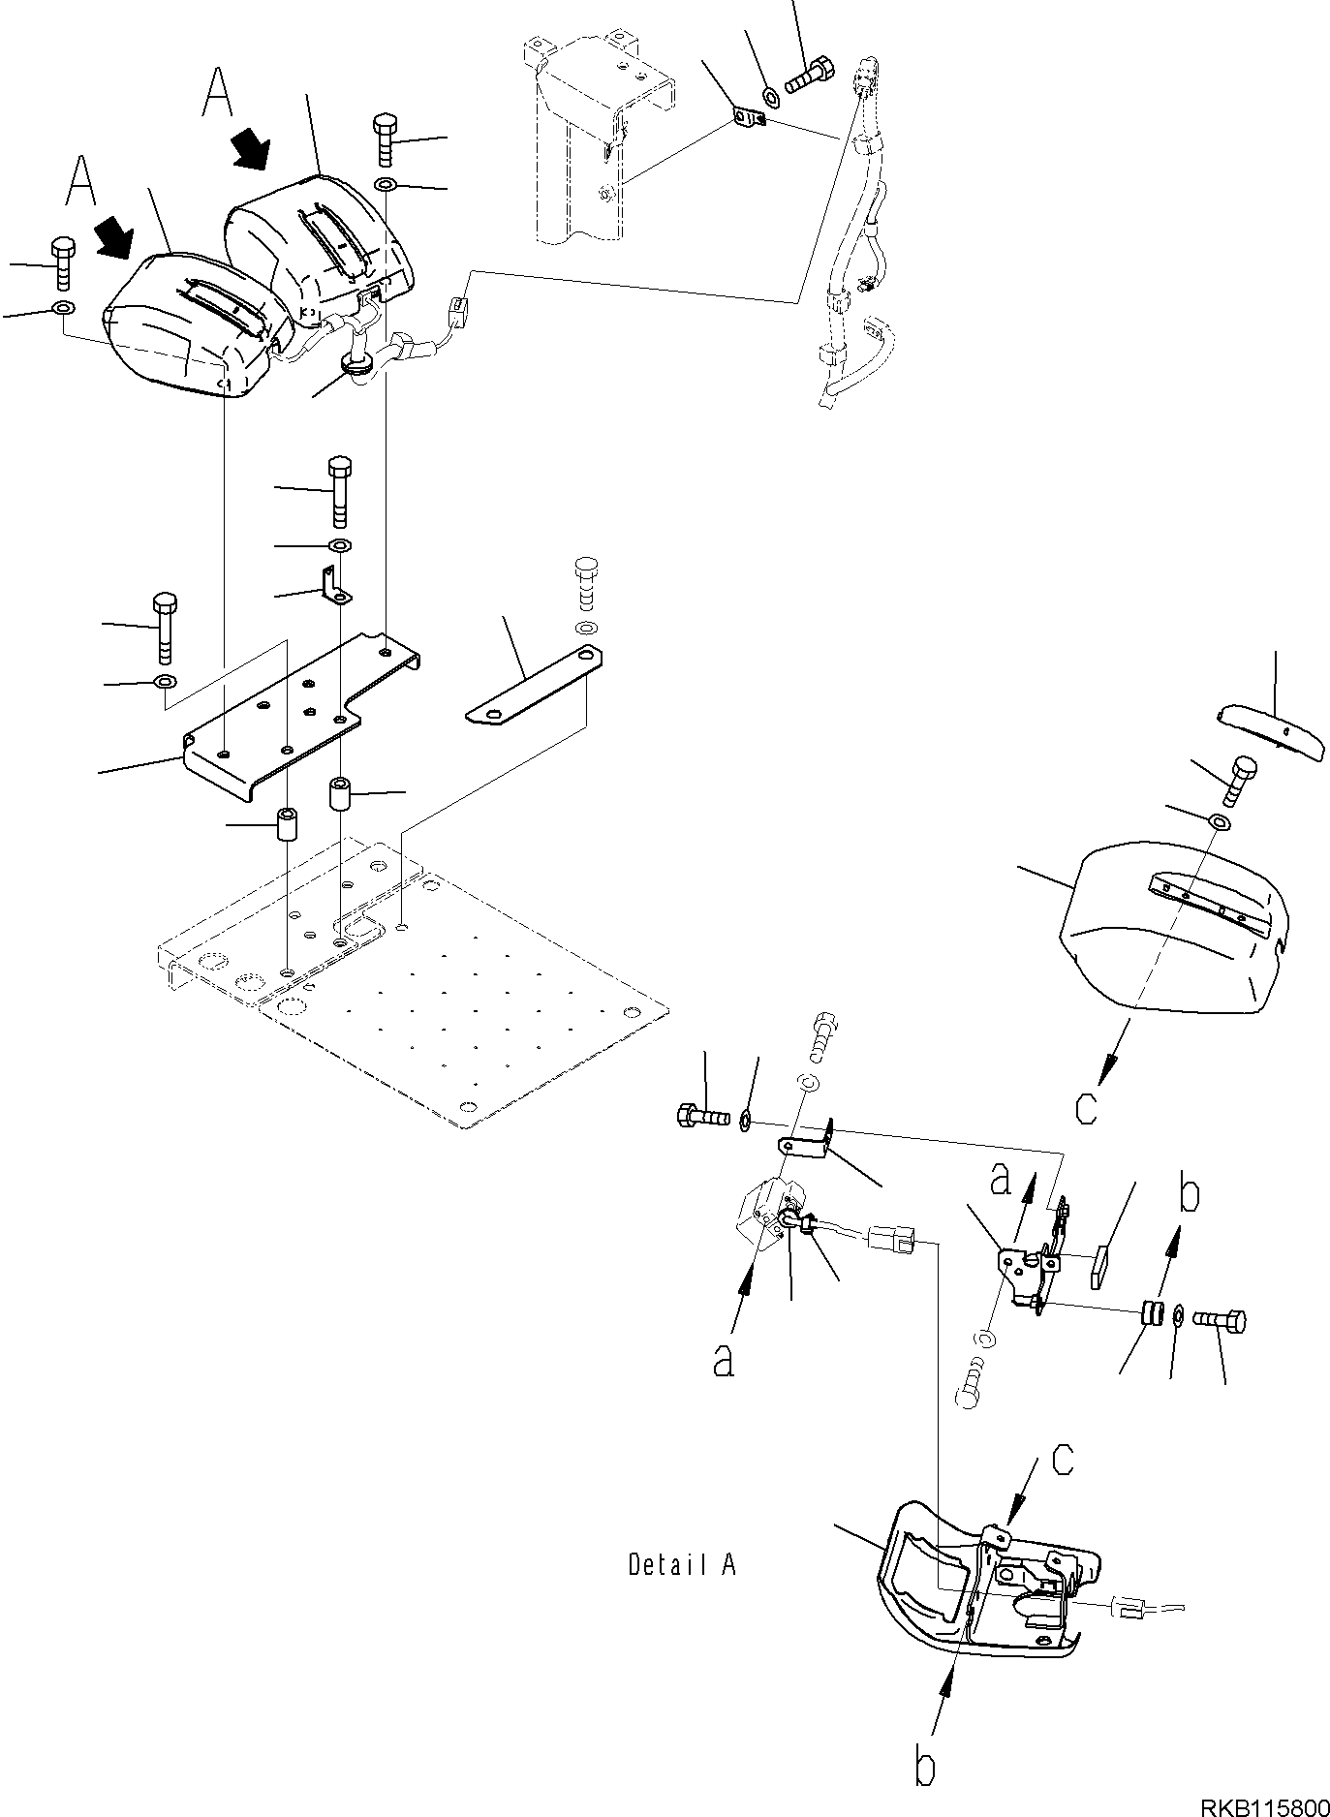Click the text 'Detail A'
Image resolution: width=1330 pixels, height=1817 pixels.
coord(681,1563)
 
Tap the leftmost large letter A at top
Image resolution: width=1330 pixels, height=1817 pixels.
coord(81,181)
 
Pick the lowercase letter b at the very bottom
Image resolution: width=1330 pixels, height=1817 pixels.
coord(925,1768)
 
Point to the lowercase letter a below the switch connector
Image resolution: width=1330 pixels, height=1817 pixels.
coord(723,1360)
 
